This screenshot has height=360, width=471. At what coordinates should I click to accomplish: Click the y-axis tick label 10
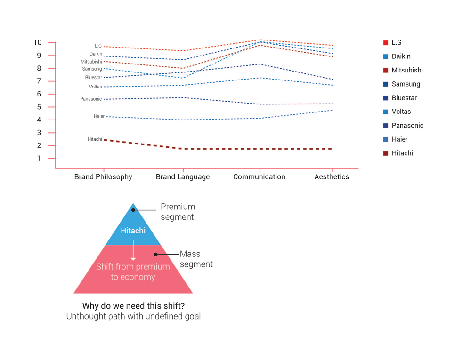37,43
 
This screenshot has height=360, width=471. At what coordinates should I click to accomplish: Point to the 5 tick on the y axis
39,107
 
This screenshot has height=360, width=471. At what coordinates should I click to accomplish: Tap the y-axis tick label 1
39,159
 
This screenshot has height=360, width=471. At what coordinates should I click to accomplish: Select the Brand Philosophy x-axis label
103,177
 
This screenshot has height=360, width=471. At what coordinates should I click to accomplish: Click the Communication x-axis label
259,177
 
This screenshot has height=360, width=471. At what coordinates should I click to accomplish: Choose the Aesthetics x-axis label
332,177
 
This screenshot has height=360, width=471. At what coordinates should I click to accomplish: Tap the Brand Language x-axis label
183,177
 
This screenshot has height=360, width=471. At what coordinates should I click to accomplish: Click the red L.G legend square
386,43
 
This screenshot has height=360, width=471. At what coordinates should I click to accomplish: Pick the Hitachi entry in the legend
402,153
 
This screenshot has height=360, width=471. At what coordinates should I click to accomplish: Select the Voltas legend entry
401,112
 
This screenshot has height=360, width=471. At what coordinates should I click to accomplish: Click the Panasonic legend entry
407,125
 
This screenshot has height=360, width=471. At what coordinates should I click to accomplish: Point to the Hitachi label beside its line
95,139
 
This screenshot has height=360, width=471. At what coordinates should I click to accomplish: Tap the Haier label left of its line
99,116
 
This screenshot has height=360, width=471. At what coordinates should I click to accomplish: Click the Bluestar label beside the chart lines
93,78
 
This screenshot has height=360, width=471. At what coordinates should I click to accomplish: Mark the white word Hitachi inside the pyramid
133,231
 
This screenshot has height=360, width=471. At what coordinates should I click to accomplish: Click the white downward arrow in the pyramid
133,250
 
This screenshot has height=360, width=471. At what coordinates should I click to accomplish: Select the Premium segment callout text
178,212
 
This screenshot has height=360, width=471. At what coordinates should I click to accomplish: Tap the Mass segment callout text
196,259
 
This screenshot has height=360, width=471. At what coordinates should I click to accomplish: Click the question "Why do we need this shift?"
133,305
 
